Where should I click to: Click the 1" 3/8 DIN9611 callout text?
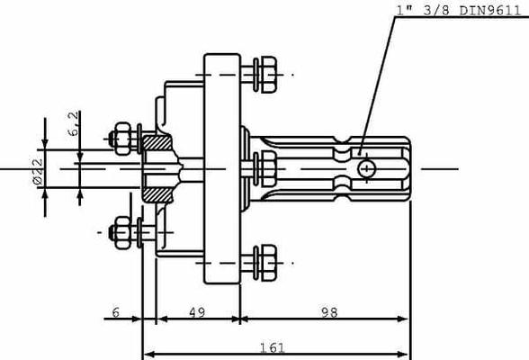(459, 11)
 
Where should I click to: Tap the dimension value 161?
(273, 347)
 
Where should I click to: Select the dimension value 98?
(329, 312)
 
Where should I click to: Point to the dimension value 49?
(197, 312)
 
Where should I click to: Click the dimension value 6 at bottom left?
(116, 312)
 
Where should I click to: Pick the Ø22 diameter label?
(38, 171)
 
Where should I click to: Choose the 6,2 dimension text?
(73, 124)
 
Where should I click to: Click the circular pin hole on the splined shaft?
(366, 168)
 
